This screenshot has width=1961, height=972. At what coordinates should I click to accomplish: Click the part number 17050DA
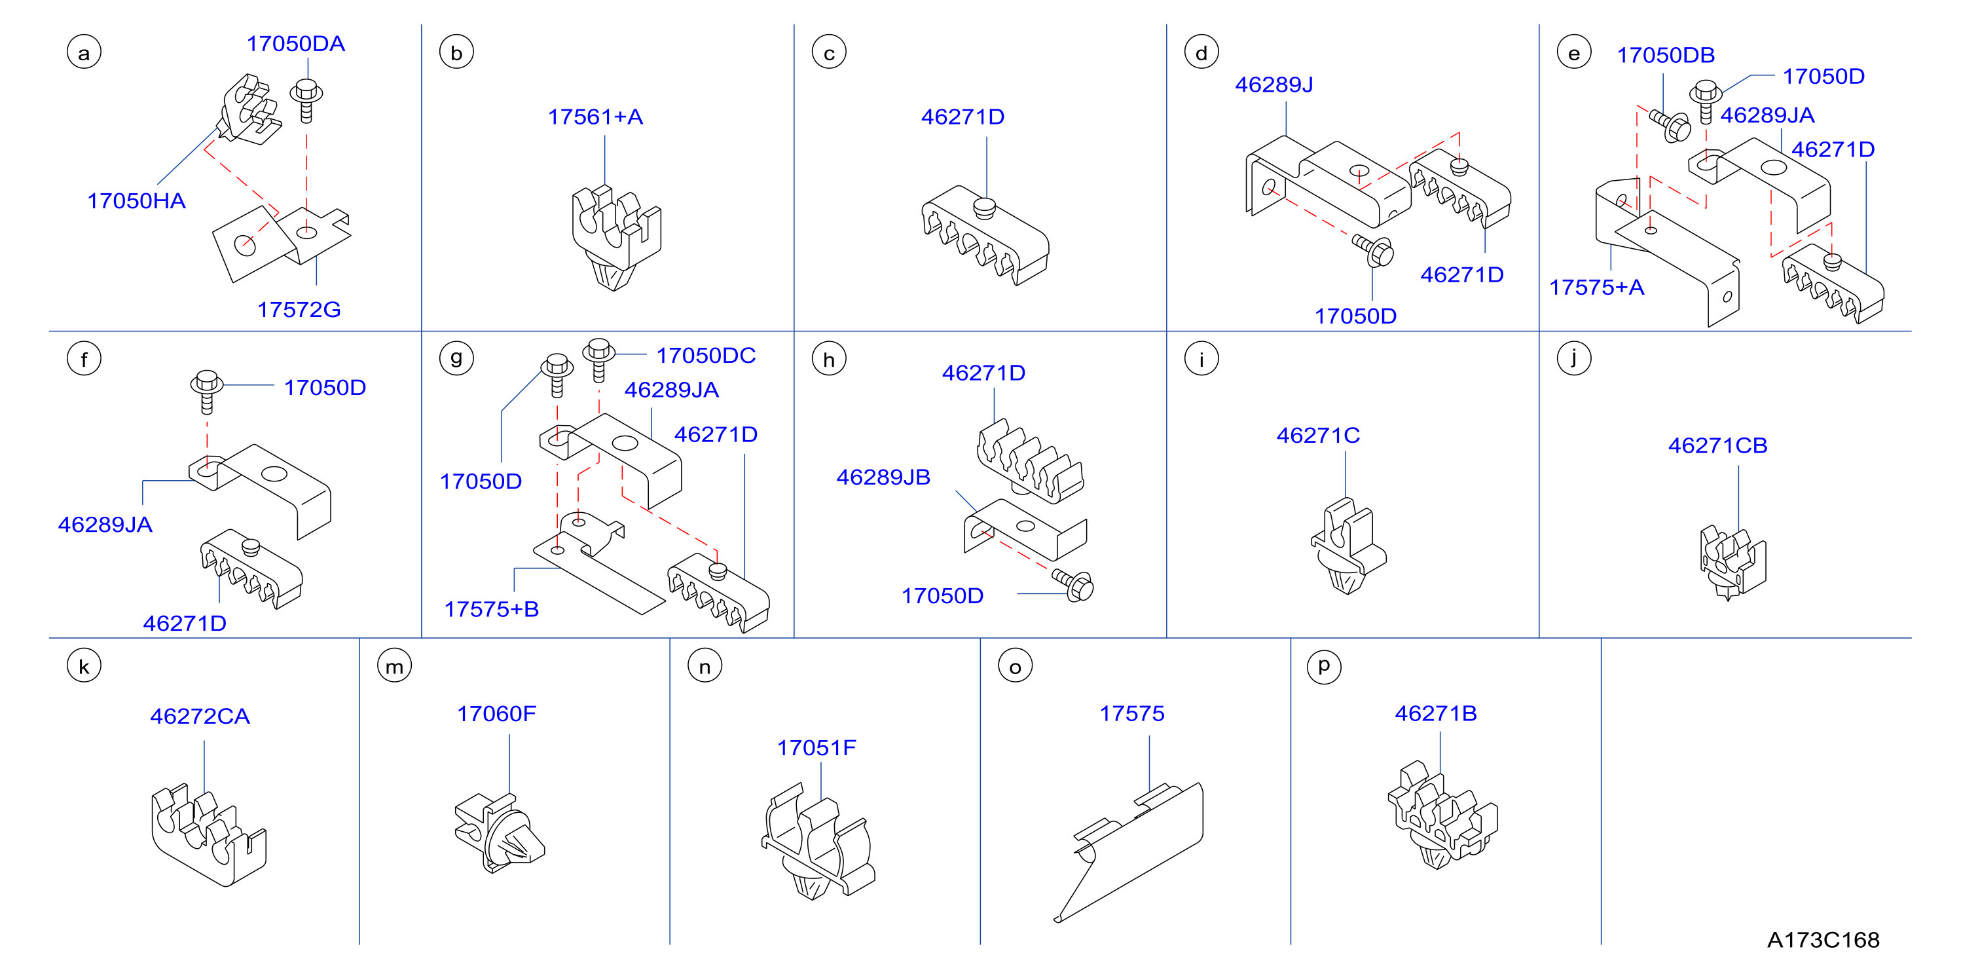[x=295, y=43]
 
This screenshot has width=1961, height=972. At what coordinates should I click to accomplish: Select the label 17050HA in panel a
[x=136, y=200]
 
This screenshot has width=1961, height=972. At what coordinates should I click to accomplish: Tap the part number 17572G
[x=299, y=309]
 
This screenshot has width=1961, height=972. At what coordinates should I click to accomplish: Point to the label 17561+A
[x=595, y=117]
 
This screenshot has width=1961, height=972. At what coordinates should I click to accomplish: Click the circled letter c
[x=829, y=52]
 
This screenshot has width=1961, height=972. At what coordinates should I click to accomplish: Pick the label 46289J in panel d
[x=1274, y=84]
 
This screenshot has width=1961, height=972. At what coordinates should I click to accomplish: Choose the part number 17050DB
[x=1666, y=55]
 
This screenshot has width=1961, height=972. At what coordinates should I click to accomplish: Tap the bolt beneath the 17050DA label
[x=306, y=100]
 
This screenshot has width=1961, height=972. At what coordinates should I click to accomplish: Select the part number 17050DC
[x=706, y=355]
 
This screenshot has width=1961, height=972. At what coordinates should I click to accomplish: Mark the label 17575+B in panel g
[x=491, y=609]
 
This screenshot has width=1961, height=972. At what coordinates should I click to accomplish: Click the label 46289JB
[x=883, y=477]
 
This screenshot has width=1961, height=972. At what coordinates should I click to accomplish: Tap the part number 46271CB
[x=1717, y=445]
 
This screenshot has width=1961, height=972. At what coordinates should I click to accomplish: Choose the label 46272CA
[x=200, y=716]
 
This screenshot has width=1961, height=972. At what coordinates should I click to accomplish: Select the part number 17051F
[x=816, y=748]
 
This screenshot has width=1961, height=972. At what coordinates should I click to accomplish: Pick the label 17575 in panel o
[x=1131, y=714]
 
